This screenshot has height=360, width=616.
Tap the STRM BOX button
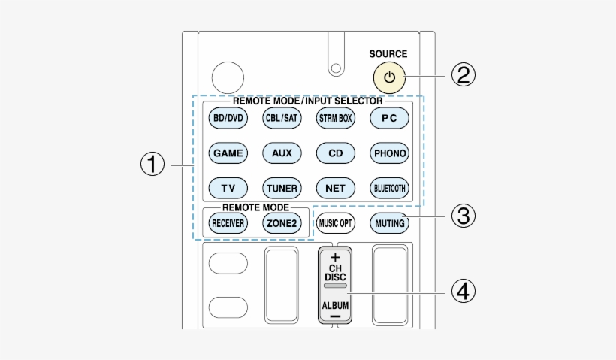[335, 118]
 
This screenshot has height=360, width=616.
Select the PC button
[389, 118]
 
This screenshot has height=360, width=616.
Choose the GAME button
[227, 153]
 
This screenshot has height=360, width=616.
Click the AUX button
[282, 153]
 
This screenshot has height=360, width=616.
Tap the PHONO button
[389, 153]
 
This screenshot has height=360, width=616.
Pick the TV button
[227, 188]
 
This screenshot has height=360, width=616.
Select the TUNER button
[282, 188]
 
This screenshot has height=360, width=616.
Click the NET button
[335, 188]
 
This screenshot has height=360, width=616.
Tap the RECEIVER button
[227, 223]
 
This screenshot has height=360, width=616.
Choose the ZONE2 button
[282, 223]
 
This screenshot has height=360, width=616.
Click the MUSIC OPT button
[335, 223]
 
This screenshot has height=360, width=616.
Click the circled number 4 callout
[464, 289]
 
